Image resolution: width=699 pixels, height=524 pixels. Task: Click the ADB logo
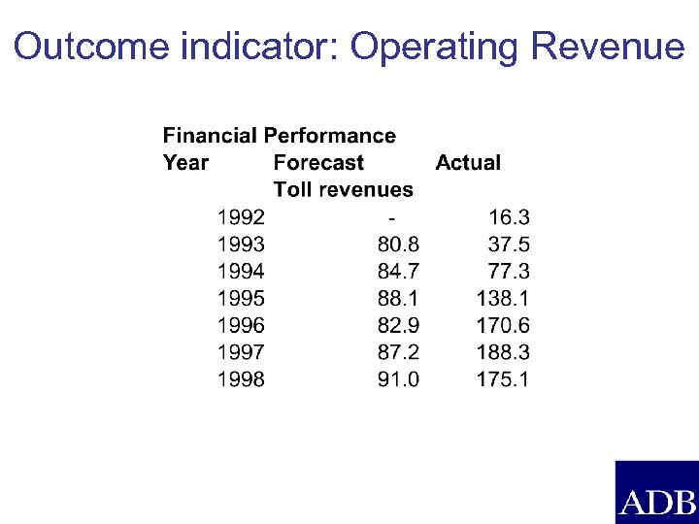[x=657, y=492]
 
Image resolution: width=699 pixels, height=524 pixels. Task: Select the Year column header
[x=185, y=163]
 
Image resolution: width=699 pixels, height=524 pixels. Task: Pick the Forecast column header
[x=318, y=163]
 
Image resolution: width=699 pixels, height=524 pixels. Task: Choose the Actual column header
[x=468, y=163]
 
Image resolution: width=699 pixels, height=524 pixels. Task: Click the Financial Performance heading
[x=280, y=136]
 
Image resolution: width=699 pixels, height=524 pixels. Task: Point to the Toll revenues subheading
[x=343, y=190]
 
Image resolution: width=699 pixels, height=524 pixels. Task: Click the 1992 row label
[x=241, y=216]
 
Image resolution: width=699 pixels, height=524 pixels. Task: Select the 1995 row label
[x=241, y=298]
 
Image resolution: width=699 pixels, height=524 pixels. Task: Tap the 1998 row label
[x=241, y=379]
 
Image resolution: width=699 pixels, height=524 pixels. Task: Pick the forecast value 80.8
[x=398, y=244]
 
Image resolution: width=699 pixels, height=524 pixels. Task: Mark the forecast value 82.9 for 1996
[x=398, y=325]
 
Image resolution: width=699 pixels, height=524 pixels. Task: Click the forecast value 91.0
[x=398, y=379]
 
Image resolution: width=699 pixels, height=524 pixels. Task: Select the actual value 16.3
[x=509, y=216]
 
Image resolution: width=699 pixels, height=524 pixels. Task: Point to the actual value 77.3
[x=509, y=271]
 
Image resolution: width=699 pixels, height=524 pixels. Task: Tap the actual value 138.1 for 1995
[x=503, y=298]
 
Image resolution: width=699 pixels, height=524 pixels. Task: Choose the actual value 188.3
[x=503, y=352]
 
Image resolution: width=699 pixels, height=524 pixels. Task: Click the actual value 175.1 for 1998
[x=503, y=379]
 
